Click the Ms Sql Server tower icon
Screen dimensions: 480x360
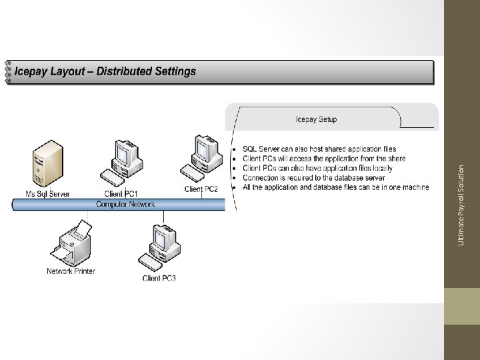(x=49, y=164)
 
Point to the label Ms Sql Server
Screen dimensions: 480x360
(x=47, y=194)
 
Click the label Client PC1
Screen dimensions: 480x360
(x=121, y=193)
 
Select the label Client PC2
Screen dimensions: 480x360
(x=201, y=189)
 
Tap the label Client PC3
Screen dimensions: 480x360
(x=159, y=278)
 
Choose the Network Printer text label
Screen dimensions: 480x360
(x=71, y=271)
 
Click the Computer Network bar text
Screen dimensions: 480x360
(x=125, y=204)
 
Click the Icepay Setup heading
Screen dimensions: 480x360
(x=316, y=120)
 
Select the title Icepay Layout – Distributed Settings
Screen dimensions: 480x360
(x=105, y=71)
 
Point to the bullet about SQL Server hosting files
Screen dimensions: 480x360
(x=319, y=149)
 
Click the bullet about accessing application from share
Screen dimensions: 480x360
(x=324, y=159)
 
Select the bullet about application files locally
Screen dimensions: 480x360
(x=317, y=168)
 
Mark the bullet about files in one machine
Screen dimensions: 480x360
(x=336, y=187)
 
